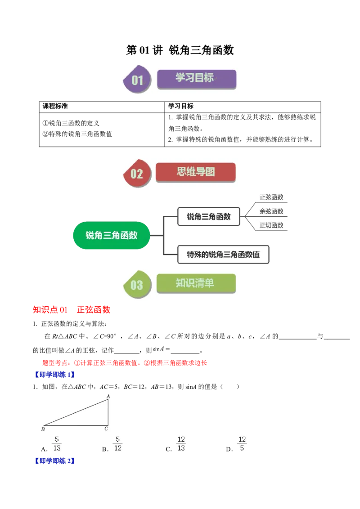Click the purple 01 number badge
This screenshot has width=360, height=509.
(x=137, y=80)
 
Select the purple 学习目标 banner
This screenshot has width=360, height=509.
(x=196, y=78)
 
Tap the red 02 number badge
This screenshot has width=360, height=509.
(x=136, y=174)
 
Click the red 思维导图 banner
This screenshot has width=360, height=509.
(x=195, y=172)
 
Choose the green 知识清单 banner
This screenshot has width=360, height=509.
(x=195, y=283)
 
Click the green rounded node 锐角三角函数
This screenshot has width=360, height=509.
(x=111, y=235)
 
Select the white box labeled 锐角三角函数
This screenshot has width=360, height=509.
(x=209, y=216)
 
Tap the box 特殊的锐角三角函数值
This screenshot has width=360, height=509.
(x=223, y=254)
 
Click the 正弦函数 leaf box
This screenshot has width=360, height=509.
(x=271, y=197)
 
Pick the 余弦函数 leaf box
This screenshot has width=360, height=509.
(x=271, y=211)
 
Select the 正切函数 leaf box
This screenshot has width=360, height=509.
(x=271, y=225)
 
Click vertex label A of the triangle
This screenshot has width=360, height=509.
(x=108, y=396)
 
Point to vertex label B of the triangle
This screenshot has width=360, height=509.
(x=43, y=429)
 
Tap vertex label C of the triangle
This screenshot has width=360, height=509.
(x=107, y=429)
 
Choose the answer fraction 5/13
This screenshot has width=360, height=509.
(x=57, y=443)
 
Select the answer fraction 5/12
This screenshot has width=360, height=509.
(x=118, y=443)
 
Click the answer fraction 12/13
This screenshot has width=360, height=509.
(x=181, y=443)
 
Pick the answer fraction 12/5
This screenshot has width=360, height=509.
(x=242, y=443)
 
